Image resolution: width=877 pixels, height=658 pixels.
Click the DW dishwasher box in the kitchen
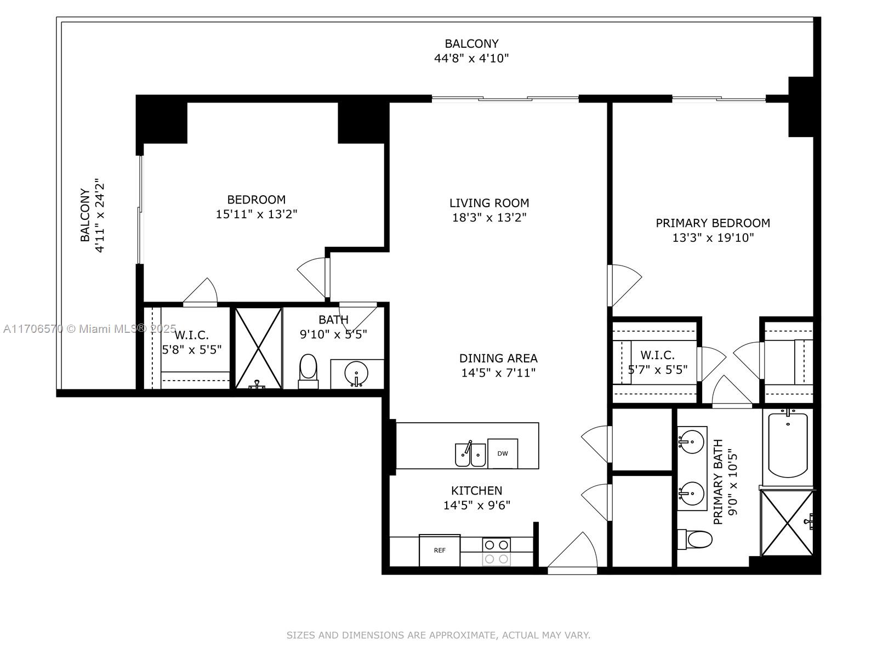[503, 453]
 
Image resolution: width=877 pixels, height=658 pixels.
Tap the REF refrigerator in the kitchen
[440, 550]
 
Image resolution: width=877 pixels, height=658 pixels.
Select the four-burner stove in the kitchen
[496, 551]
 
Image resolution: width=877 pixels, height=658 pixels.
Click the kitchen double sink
[470, 454]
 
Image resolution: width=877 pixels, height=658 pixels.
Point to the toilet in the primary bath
[694, 540]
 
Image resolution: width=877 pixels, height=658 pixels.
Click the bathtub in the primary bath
[788, 445]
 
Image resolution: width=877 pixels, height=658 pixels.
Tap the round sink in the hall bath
[356, 373]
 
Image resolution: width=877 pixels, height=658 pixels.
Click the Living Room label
[489, 203]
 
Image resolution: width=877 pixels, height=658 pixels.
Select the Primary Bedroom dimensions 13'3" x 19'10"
[713, 238]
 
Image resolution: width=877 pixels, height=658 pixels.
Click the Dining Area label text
[498, 358]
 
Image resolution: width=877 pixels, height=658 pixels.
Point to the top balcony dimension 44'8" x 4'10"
[471, 58]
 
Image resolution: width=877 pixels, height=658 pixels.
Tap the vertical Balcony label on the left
[85, 215]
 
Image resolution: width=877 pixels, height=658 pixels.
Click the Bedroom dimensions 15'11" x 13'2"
[257, 214]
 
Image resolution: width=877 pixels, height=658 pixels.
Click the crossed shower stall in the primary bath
[787, 523]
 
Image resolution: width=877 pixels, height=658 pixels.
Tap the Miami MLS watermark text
[89, 329]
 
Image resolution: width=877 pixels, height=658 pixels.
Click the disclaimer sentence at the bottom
[438, 635]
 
